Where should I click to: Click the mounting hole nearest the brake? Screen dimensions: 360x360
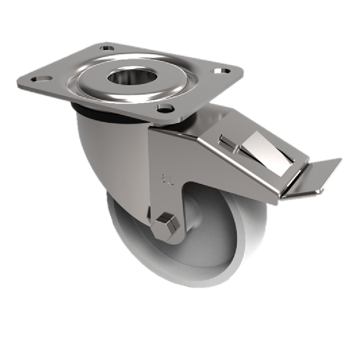pos(166,108)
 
